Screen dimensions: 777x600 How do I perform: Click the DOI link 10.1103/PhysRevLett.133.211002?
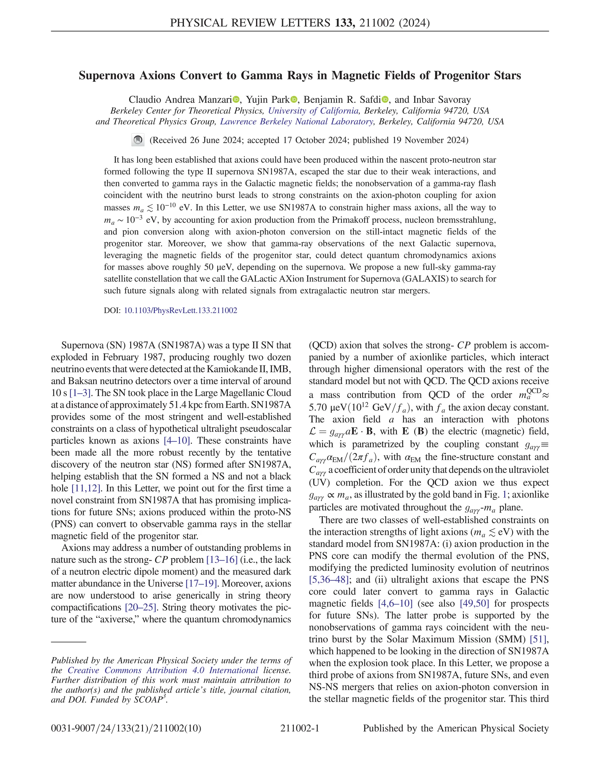tap(180, 311)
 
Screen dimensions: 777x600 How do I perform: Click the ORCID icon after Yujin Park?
tap(294, 100)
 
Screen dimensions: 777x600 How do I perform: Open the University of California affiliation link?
tap(313, 111)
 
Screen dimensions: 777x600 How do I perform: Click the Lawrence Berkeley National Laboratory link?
tap(296, 122)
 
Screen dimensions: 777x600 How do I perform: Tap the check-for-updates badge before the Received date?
tap(138, 140)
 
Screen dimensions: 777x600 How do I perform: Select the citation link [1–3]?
tap(81, 393)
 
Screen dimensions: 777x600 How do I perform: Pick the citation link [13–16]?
tap(222, 560)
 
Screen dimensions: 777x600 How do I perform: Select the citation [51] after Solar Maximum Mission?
tap(538, 639)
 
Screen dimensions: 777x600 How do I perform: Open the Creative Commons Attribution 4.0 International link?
tap(163, 670)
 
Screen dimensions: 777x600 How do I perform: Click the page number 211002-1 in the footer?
tap(300, 729)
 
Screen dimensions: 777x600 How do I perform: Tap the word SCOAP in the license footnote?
tap(148, 700)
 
